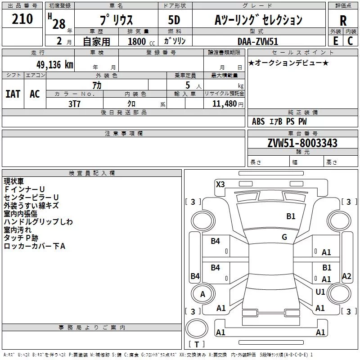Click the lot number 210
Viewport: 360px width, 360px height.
click(x=22, y=19)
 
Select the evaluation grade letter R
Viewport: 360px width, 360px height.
click(x=343, y=21)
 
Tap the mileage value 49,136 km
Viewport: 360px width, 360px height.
click(x=54, y=65)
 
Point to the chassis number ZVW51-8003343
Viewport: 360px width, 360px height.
click(x=302, y=143)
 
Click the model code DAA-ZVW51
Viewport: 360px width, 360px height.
click(x=258, y=41)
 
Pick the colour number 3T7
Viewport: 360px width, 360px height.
click(x=74, y=104)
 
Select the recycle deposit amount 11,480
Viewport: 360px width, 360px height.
click(x=224, y=104)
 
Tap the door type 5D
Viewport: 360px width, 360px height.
click(x=174, y=20)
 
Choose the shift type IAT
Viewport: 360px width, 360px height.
click(x=13, y=94)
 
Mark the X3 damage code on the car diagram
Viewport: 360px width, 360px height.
click(x=220, y=184)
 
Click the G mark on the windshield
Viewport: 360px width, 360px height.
click(x=284, y=237)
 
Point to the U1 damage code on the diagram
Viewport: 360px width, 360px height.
click(x=320, y=292)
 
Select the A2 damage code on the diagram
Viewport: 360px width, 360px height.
click(x=346, y=276)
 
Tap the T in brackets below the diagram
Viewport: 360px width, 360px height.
click(x=197, y=344)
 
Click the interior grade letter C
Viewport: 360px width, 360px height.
click(x=350, y=41)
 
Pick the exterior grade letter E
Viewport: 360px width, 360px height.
click(x=336, y=41)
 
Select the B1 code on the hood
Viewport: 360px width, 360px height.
click(x=291, y=216)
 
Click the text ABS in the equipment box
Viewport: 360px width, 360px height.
click(x=258, y=121)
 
